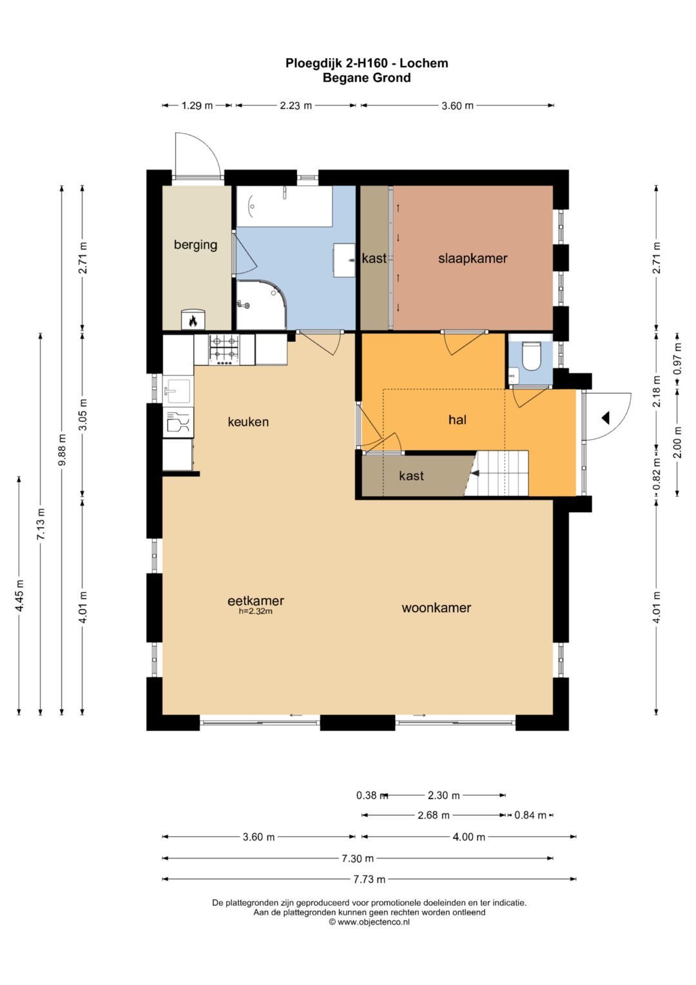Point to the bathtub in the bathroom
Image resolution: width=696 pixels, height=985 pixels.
284,206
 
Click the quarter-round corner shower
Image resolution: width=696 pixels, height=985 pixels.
262,304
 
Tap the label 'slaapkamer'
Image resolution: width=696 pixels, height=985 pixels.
473,258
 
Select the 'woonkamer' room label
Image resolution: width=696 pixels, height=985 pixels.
436,608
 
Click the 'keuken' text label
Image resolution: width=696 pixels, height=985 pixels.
248,422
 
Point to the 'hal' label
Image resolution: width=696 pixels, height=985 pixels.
458,420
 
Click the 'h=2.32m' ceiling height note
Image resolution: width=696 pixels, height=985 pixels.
256,611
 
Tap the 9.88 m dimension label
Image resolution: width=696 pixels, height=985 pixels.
62,450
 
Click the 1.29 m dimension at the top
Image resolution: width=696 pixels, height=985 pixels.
197,106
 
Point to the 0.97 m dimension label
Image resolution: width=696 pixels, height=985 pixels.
677,359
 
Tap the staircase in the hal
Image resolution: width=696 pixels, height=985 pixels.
496,473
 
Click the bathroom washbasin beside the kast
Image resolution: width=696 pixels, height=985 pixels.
345,261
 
